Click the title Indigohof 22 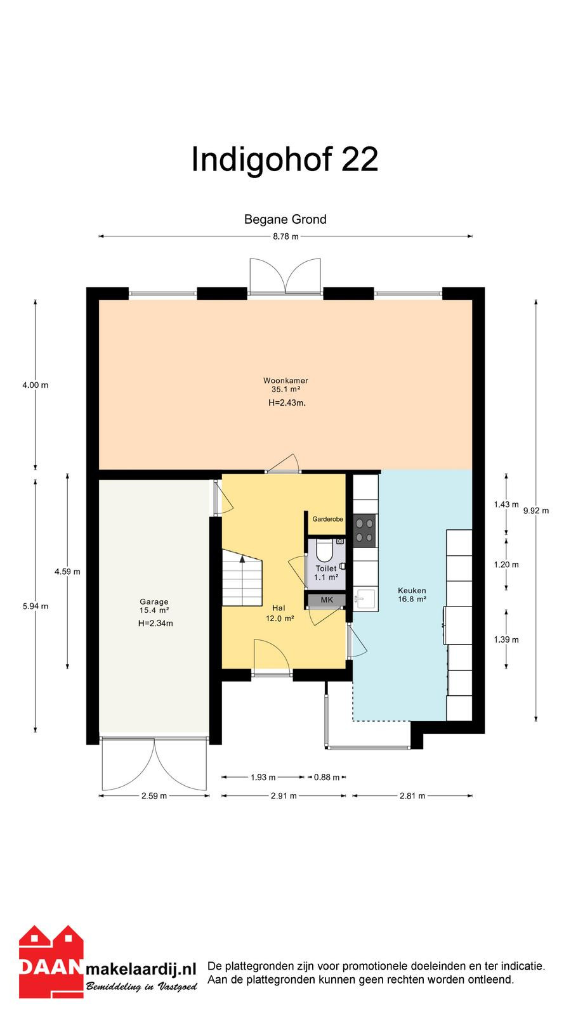285,160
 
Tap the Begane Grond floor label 285,219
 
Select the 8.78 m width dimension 285,236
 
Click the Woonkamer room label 285,381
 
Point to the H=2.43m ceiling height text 287,403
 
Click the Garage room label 154,601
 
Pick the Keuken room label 412,591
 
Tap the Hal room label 279,608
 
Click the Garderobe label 327,519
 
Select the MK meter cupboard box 327,600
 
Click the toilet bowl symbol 324,549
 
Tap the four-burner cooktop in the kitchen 364,530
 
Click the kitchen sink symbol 365,600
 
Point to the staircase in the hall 242,577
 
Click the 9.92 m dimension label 536,511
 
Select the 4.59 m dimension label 67,572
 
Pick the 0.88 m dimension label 327,777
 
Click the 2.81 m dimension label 412,796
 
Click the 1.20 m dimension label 506,565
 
